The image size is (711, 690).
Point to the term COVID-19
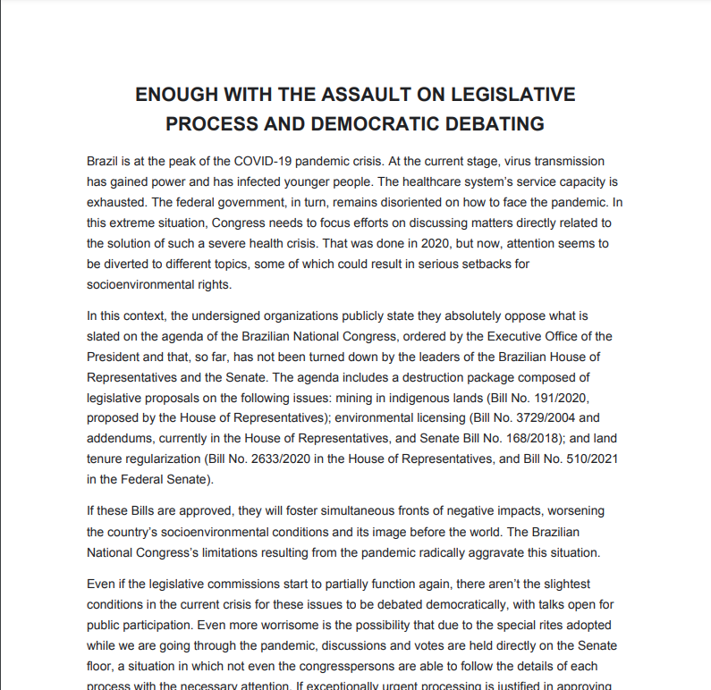268,162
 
